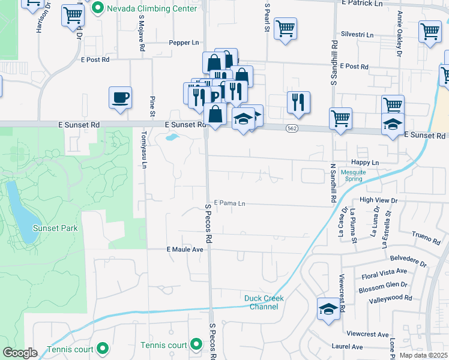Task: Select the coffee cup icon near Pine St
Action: click(121, 97)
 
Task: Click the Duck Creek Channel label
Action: click(264, 302)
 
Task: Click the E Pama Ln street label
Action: click(229, 203)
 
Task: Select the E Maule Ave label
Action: click(185, 249)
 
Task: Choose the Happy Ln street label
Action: click(366, 163)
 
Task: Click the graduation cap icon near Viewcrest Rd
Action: click(328, 309)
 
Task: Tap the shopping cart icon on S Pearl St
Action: click(285, 28)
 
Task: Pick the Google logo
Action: click(20, 353)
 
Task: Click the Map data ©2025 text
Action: click(423, 355)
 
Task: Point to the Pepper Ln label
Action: click(184, 43)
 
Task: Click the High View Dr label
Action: click(378, 200)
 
